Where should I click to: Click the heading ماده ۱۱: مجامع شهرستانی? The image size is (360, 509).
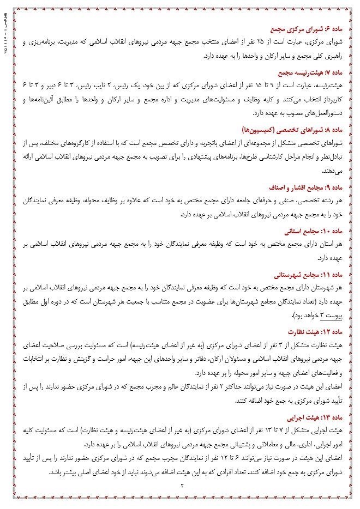coord(308,274)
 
